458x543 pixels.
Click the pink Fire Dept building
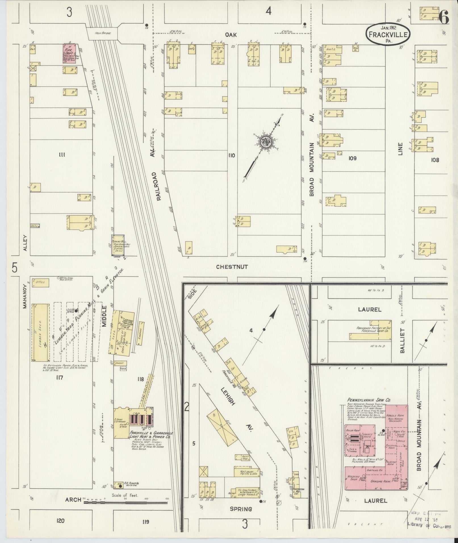tap(69, 54)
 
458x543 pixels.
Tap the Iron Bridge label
tap(102, 33)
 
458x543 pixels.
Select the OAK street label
tap(231, 35)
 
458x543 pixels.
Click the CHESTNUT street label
tap(232, 267)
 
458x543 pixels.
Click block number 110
tap(231, 156)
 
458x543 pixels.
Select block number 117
tap(59, 378)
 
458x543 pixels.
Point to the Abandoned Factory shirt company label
tap(374, 330)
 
